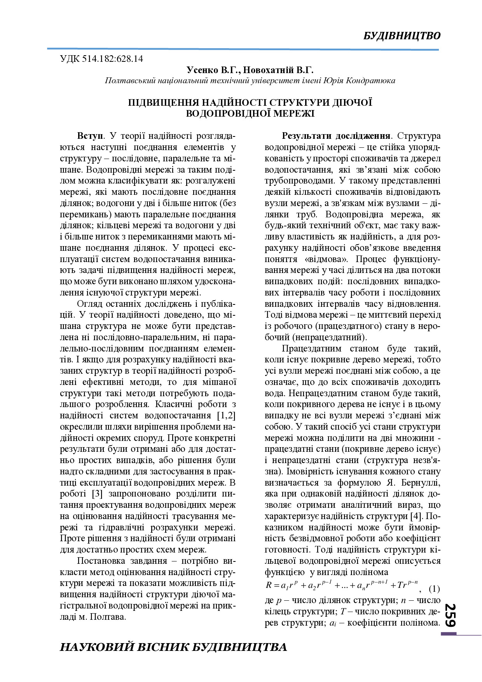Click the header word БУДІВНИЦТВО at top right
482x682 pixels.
click(x=402, y=36)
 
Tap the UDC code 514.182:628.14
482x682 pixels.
click(x=113, y=59)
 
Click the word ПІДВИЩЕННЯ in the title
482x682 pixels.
click(x=164, y=103)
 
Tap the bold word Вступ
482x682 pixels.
click(x=90, y=136)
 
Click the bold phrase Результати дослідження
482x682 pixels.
click(x=336, y=136)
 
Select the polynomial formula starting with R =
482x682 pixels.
click(x=342, y=585)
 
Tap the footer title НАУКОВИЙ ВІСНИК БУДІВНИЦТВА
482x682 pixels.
click(x=173, y=647)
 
